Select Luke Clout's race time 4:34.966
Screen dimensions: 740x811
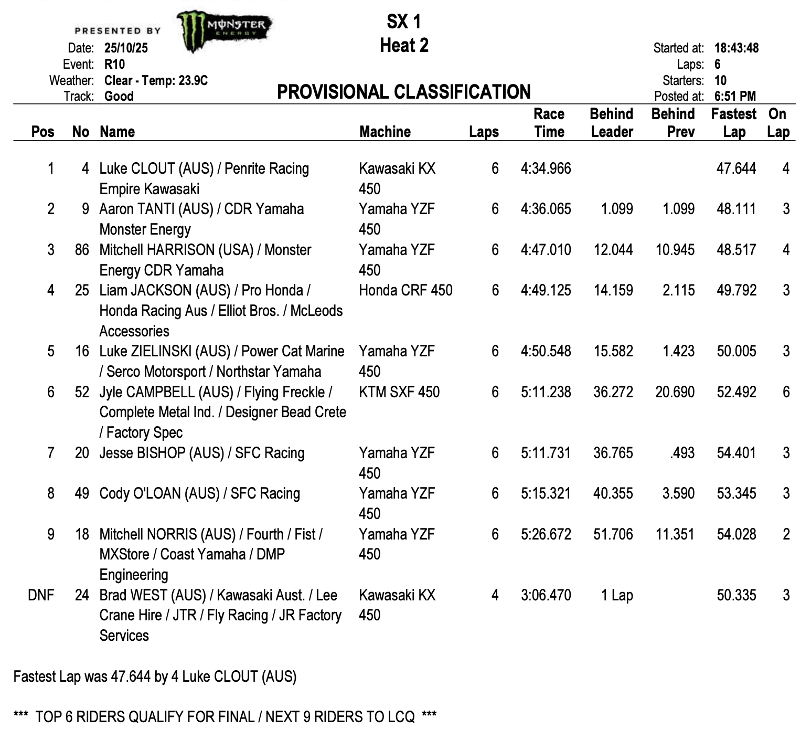(546, 169)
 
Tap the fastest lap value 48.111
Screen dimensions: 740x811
(736, 209)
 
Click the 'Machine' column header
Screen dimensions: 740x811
(385, 132)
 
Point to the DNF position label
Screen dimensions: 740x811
(41, 595)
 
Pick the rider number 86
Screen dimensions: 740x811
(82, 250)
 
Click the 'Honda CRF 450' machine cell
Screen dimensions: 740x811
(405, 291)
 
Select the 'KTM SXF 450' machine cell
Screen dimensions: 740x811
(399, 392)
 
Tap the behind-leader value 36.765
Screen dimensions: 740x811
(613, 453)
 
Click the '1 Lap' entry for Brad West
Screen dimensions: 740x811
(617, 595)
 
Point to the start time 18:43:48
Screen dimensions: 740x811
(736, 48)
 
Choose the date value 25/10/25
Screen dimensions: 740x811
(126, 48)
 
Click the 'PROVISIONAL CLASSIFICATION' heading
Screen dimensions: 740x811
(403, 92)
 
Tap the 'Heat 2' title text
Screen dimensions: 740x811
(404, 46)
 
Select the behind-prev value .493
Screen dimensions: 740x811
(682, 453)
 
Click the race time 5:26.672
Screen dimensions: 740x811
(546, 534)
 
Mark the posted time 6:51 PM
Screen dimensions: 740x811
(735, 96)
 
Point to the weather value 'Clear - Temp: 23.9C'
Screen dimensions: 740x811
(156, 80)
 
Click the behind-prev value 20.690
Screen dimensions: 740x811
(675, 392)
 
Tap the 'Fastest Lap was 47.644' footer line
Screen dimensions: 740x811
(155, 676)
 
